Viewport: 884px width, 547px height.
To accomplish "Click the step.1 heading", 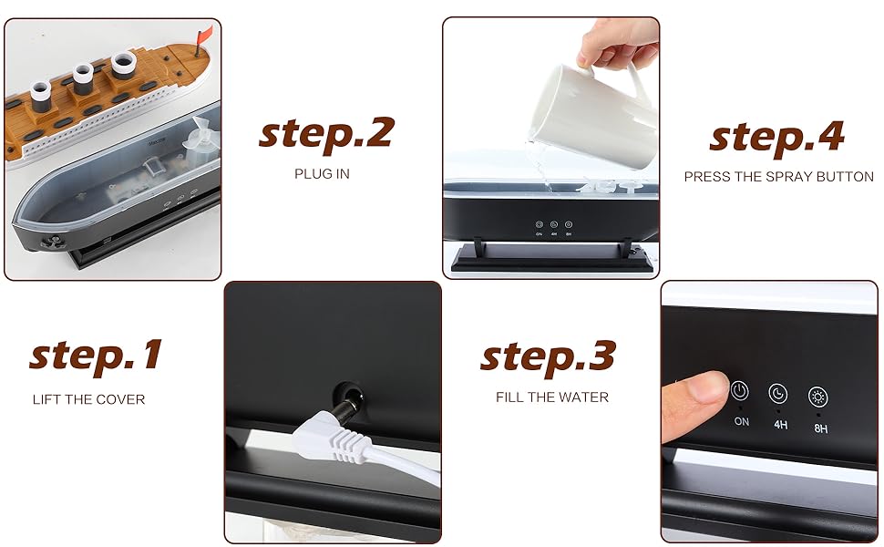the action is tap(96, 356).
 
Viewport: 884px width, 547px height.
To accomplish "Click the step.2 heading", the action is tap(326, 134).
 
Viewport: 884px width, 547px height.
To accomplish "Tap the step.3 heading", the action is tap(548, 357).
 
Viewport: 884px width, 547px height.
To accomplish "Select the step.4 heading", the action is tap(776, 138).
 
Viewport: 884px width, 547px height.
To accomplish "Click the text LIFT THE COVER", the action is tap(88, 399).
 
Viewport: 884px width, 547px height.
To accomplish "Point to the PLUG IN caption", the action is tap(322, 174).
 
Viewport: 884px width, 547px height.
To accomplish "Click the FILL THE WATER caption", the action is tap(552, 397).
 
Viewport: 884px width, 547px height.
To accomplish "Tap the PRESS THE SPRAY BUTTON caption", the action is tap(778, 177).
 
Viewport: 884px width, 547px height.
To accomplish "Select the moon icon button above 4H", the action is tap(778, 394).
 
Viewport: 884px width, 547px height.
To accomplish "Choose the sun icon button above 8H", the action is tap(818, 397).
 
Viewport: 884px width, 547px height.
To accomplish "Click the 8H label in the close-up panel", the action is tap(821, 428).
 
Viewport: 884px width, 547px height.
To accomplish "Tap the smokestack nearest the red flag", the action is tap(124, 65).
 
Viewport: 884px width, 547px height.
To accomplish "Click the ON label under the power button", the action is tap(741, 421).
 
